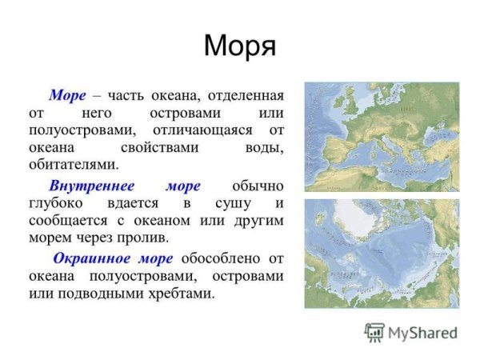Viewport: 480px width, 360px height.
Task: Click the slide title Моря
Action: pyautogui.click(x=239, y=46)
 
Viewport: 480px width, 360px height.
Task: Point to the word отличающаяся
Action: pyautogui.click(x=206, y=130)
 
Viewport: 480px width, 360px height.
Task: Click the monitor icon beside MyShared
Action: pyautogui.click(x=374, y=332)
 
